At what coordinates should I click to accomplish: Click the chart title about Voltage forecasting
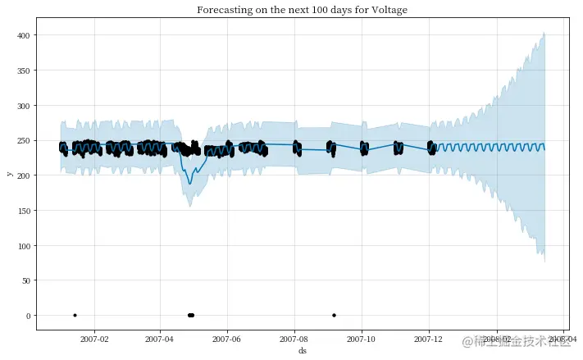302,10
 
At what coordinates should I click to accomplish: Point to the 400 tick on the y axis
24,36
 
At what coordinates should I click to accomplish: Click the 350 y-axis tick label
24,71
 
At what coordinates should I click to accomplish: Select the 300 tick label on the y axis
24,106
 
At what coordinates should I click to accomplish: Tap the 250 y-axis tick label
24,141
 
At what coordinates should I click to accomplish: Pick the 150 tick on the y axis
24,211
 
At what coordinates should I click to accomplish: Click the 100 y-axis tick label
24,246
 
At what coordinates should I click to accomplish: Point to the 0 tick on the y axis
29,316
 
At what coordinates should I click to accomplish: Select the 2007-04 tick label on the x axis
160,338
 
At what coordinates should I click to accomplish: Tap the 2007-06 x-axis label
227,338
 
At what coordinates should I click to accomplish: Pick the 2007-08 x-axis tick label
294,338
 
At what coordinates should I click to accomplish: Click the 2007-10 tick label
362,338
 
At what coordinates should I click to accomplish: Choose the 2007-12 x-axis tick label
429,338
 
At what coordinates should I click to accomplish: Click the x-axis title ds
302,350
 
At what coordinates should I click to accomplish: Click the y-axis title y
9,174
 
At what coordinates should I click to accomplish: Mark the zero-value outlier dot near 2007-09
334,315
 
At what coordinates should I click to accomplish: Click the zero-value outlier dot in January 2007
75,315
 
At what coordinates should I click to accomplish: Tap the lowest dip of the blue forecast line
189,184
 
